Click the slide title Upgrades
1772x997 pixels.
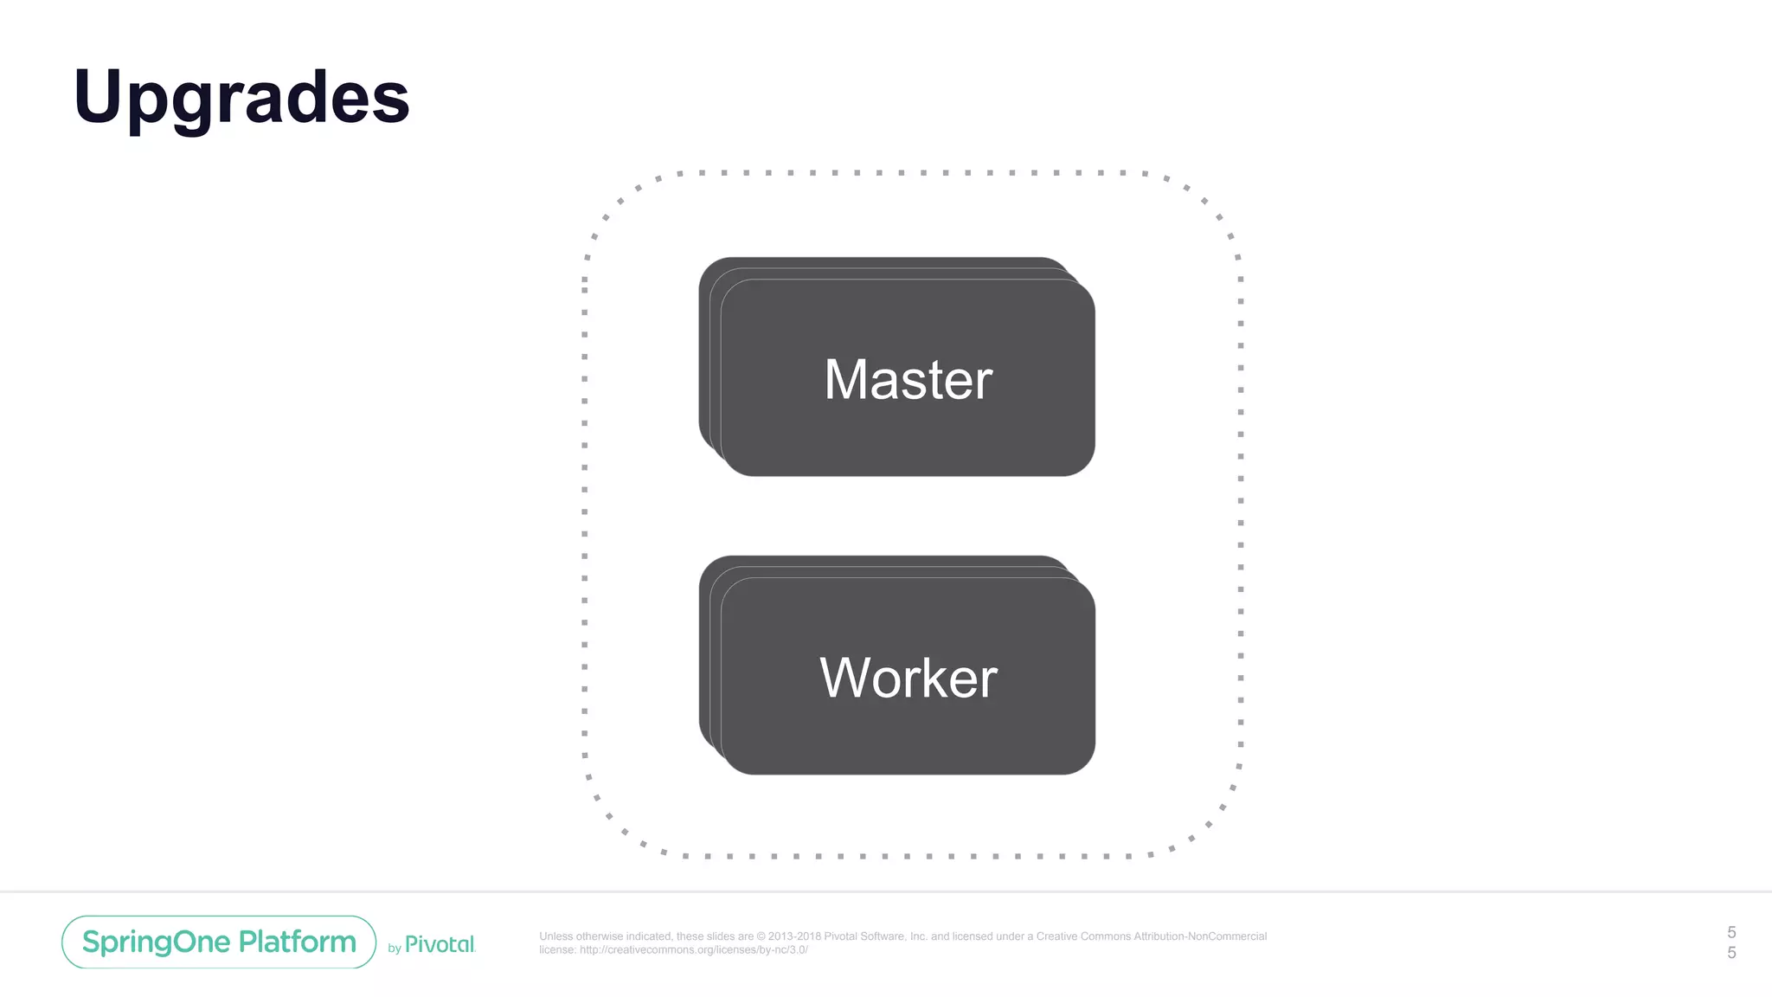(x=241, y=97)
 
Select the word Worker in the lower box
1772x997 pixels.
(x=908, y=678)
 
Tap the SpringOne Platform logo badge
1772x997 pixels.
(x=219, y=942)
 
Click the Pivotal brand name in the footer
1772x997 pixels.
(x=440, y=944)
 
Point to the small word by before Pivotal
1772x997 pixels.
(x=395, y=949)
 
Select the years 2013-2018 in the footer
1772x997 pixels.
(x=794, y=936)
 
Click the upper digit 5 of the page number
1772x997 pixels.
(x=1731, y=932)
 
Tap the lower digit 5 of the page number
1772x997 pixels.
(x=1731, y=953)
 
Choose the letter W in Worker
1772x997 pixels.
(x=845, y=678)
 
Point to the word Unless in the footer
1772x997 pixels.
(x=555, y=936)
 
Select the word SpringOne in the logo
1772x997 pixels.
(x=156, y=942)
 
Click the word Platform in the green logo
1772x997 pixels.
(x=298, y=942)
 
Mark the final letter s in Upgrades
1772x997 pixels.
(x=393, y=102)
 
